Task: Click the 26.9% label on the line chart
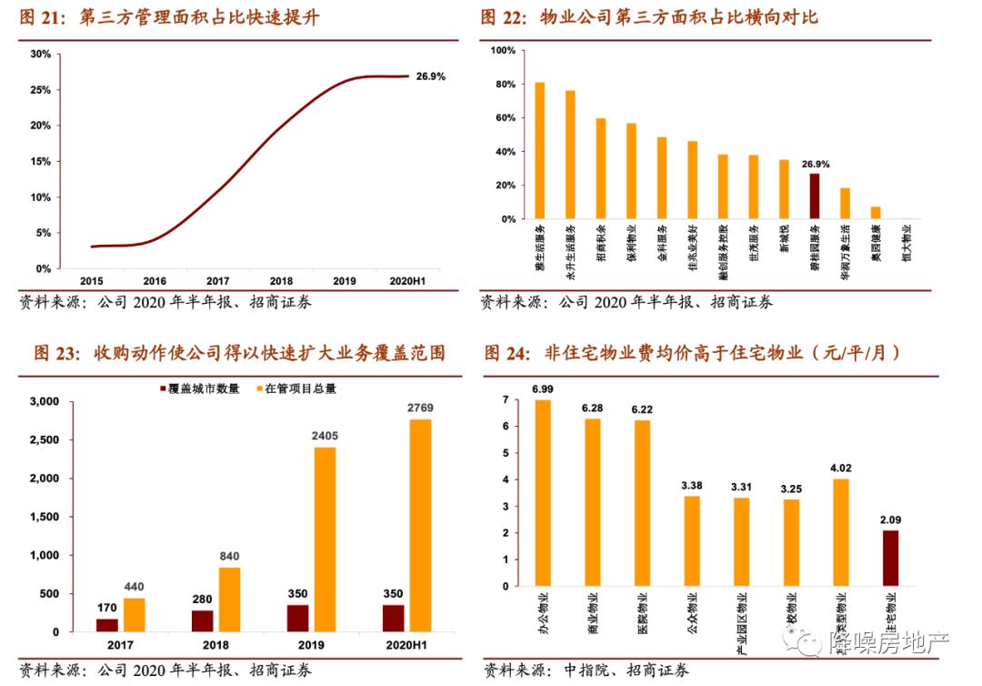click(x=431, y=76)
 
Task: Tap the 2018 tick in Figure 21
click(x=281, y=282)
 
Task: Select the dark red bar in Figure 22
click(x=815, y=197)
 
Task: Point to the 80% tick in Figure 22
click(x=504, y=85)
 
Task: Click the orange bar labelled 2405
click(x=325, y=540)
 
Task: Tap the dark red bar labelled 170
click(x=107, y=625)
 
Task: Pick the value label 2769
click(x=420, y=409)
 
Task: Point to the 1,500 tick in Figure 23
click(x=43, y=517)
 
